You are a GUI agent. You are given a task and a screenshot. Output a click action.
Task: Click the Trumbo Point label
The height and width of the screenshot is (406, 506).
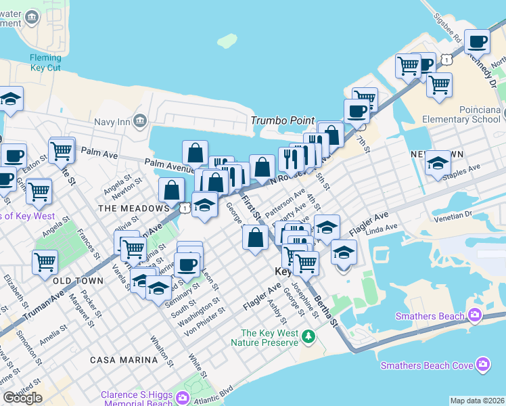click(283, 120)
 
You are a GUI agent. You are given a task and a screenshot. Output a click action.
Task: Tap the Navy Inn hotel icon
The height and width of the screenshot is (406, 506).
click(140, 121)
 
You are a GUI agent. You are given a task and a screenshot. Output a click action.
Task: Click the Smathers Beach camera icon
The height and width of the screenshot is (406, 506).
click(474, 315)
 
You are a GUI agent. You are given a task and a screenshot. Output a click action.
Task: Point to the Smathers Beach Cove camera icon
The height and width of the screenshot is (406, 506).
click(482, 365)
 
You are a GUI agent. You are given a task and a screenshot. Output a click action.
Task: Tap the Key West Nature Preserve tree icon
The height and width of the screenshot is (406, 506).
click(308, 336)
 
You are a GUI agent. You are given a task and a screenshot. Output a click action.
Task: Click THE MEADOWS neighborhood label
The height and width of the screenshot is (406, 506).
click(133, 208)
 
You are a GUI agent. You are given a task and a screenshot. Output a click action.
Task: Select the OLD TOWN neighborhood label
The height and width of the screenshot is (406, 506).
click(78, 280)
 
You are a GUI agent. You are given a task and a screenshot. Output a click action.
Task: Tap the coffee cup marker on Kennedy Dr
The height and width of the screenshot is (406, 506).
click(478, 42)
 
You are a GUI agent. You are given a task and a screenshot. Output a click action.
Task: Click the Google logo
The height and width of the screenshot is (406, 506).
click(22, 398)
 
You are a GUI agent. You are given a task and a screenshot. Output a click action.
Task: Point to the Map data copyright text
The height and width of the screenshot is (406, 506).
click(478, 401)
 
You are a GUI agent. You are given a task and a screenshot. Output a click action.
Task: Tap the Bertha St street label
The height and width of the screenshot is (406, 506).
click(325, 309)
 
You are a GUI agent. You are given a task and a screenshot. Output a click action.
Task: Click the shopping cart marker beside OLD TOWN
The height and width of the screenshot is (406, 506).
click(45, 261)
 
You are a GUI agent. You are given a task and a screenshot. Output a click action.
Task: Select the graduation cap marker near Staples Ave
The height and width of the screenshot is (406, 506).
click(438, 163)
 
